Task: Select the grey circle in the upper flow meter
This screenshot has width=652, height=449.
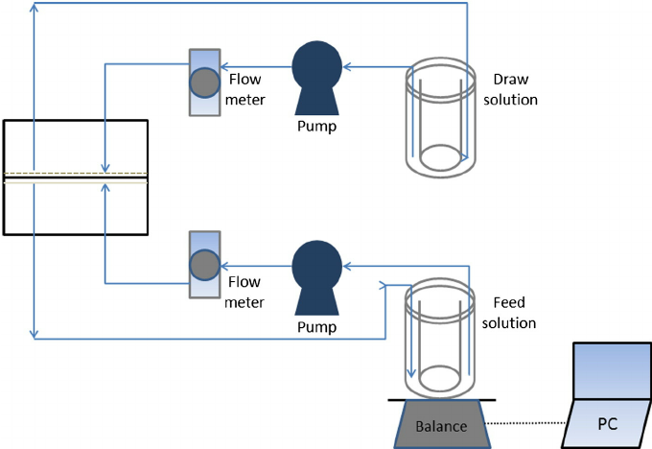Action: click(204, 83)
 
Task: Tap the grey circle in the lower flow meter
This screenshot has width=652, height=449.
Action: click(204, 265)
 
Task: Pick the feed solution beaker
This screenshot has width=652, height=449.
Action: click(441, 331)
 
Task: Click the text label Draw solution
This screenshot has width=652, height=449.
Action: click(513, 88)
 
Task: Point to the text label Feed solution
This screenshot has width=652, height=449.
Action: click(513, 312)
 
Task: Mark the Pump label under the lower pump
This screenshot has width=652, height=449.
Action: click(316, 326)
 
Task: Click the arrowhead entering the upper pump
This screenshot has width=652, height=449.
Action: click(347, 66)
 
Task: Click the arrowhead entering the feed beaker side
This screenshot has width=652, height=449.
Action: click(386, 284)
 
